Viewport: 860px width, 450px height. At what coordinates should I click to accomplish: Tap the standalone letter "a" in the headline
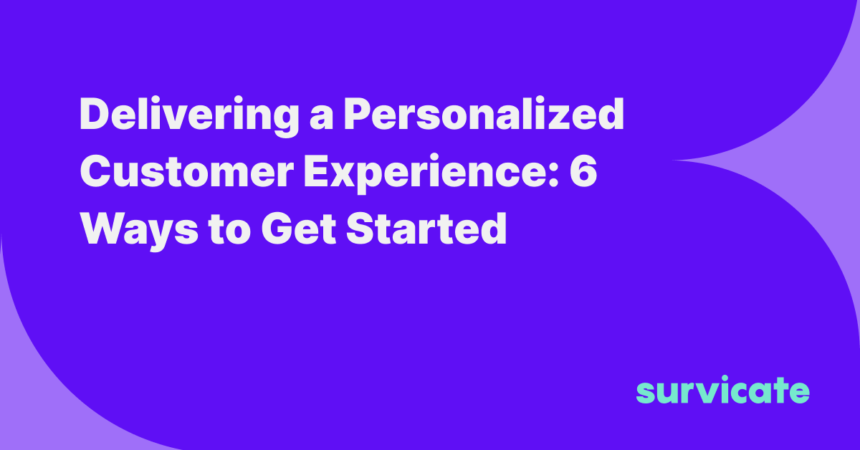coord(321,119)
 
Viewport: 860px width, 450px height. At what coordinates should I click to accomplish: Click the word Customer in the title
coord(187,171)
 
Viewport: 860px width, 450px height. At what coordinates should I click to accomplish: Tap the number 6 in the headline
coord(583,171)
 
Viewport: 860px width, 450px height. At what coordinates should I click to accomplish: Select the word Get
coord(299,229)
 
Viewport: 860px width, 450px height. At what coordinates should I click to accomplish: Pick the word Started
coord(426,229)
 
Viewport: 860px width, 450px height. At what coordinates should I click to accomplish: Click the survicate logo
coord(723,390)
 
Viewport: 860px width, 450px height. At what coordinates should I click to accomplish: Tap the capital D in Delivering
coord(95,114)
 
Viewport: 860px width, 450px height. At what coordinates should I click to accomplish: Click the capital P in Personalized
coord(358,114)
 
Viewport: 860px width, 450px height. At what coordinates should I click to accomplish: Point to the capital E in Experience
coord(317,171)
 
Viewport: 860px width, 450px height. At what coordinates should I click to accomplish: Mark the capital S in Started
coord(361,229)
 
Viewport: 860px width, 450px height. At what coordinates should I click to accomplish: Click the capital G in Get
coord(277,229)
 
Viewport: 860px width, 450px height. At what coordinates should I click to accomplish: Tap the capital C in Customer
coord(96,171)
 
